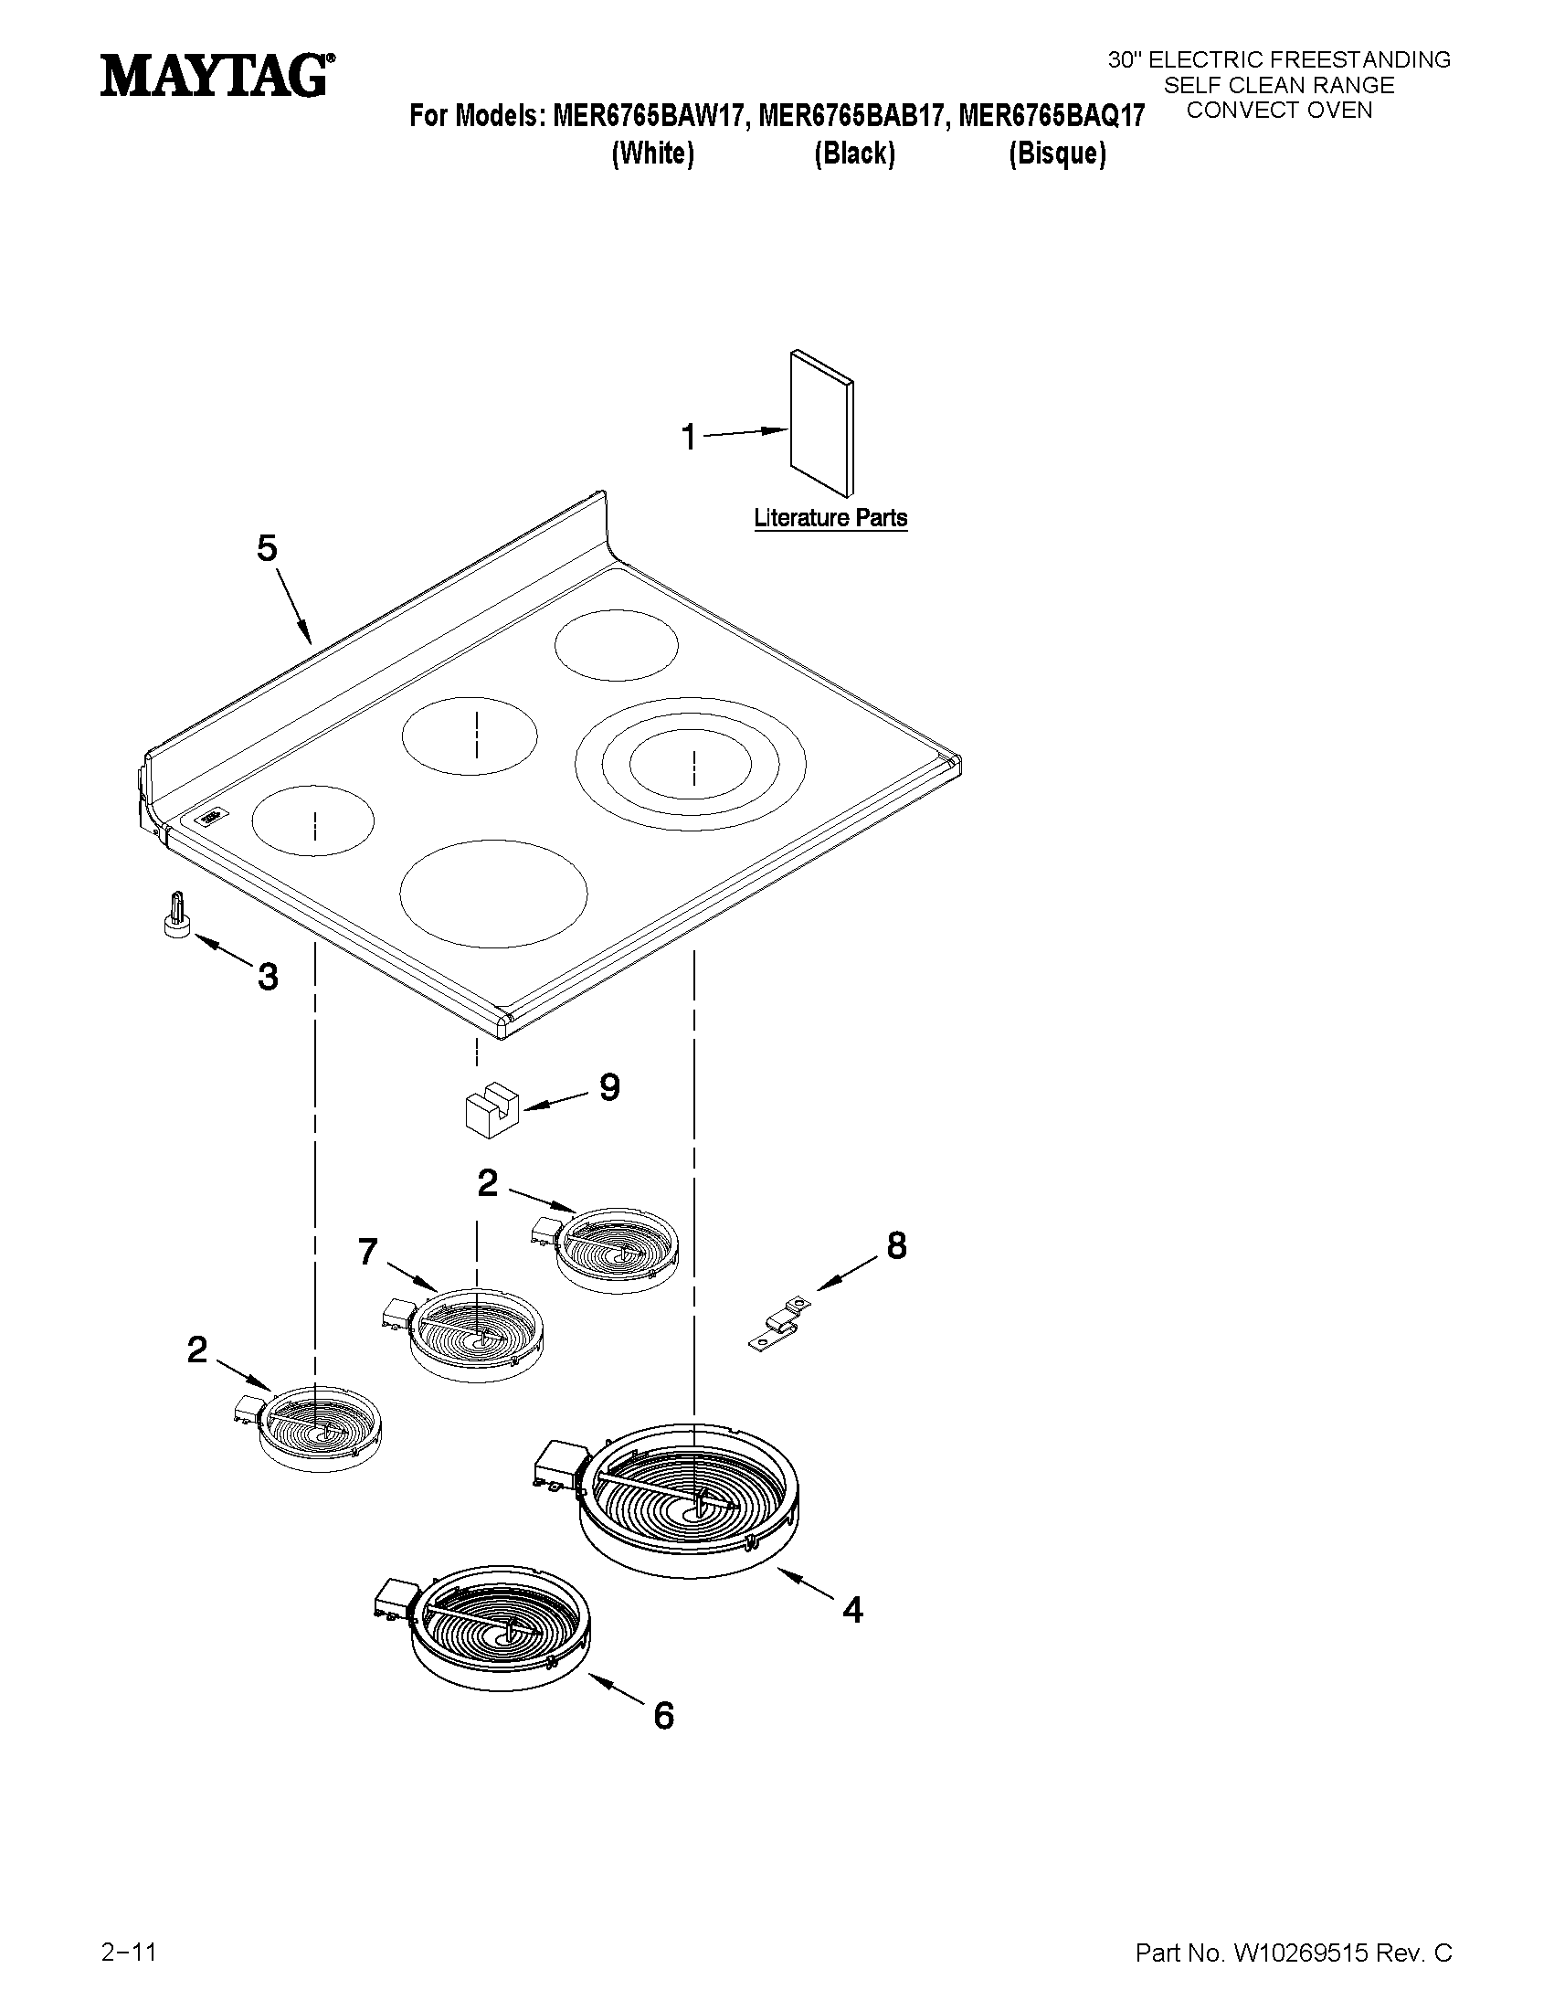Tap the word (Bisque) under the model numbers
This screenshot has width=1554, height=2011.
(1057, 153)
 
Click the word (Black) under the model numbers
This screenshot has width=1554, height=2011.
(854, 153)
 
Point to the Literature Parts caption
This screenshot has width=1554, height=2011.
(830, 518)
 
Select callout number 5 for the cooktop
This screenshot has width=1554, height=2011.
(266, 549)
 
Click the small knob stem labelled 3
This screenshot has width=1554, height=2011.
(175, 917)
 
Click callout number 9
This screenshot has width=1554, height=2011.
(609, 1087)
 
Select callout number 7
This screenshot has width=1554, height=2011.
(367, 1253)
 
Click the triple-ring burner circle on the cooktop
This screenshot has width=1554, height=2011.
(691, 764)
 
